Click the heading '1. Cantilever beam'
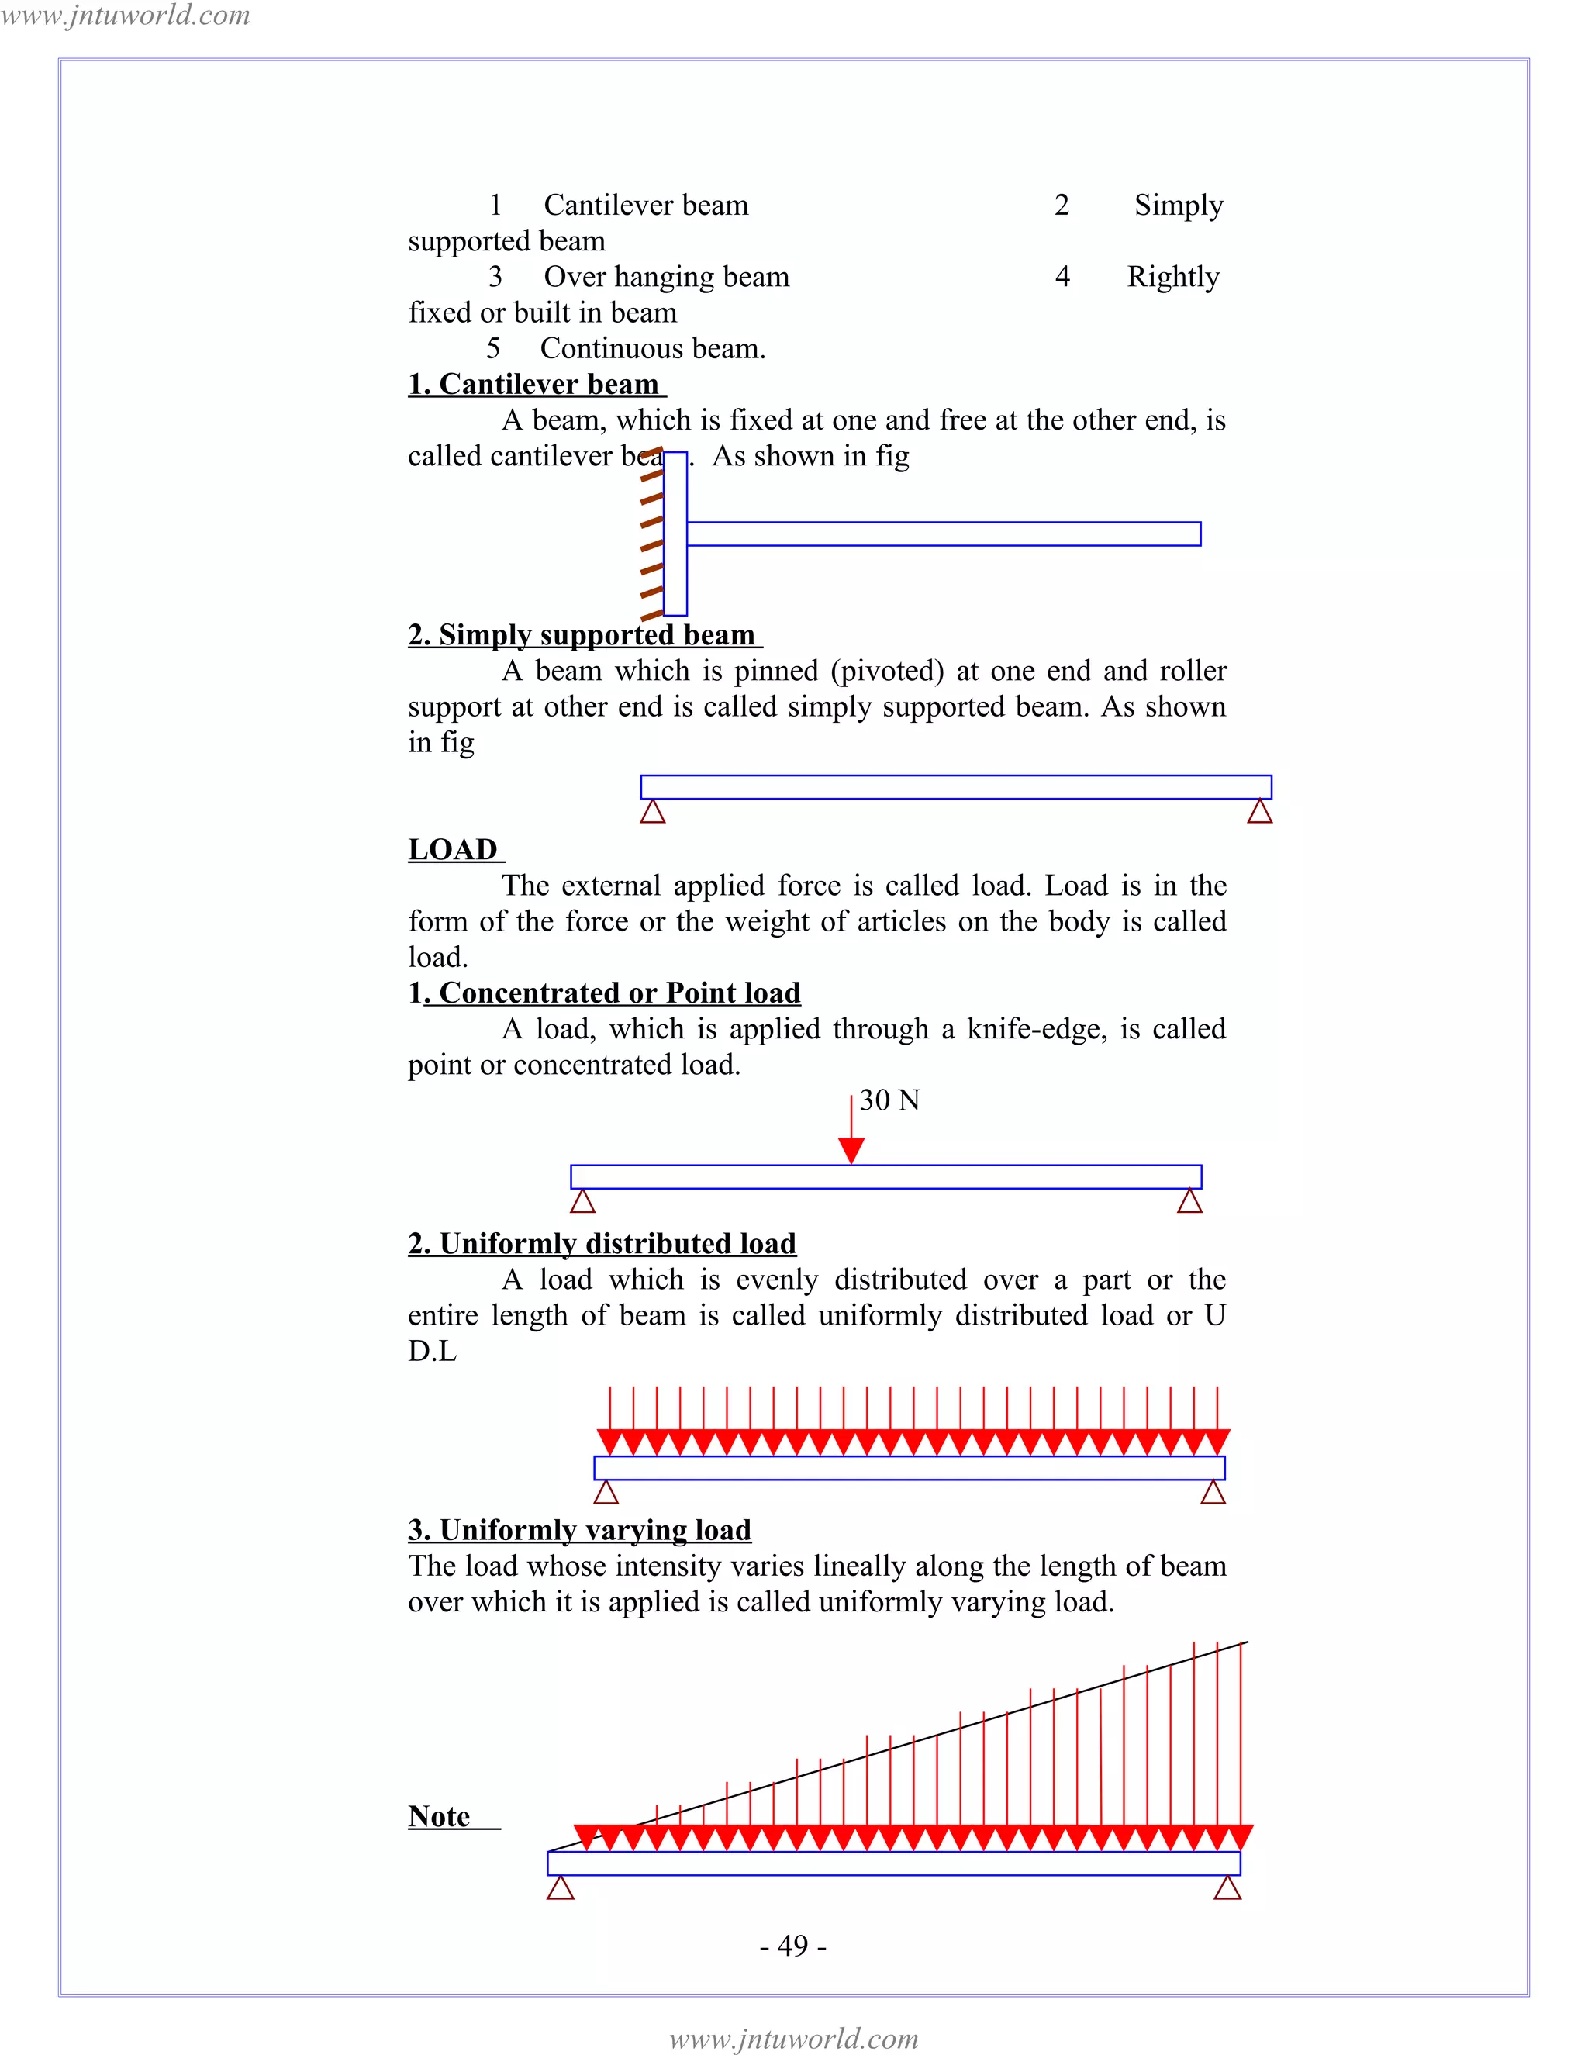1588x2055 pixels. [x=537, y=384]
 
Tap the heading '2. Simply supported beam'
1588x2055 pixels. [x=584, y=635]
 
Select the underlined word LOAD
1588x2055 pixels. [x=454, y=850]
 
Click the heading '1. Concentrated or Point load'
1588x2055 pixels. [x=604, y=993]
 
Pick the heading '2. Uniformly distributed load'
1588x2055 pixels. [x=602, y=1244]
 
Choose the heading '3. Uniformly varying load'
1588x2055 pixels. [x=579, y=1530]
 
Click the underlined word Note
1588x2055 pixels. [x=440, y=1816]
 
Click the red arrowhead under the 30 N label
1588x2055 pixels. [x=851, y=1150]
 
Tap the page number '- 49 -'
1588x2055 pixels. [x=793, y=1945]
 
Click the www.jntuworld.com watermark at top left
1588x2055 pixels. [x=125, y=15]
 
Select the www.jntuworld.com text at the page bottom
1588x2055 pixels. [x=793, y=2039]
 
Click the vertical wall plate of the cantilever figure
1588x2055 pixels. [x=675, y=534]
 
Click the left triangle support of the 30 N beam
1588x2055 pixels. [x=583, y=1201]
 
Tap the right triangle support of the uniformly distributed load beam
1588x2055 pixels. [x=1213, y=1494]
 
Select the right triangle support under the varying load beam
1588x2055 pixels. [x=1227, y=1888]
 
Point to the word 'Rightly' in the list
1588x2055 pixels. [x=1173, y=277]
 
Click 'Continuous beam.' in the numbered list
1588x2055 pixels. [x=653, y=348]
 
